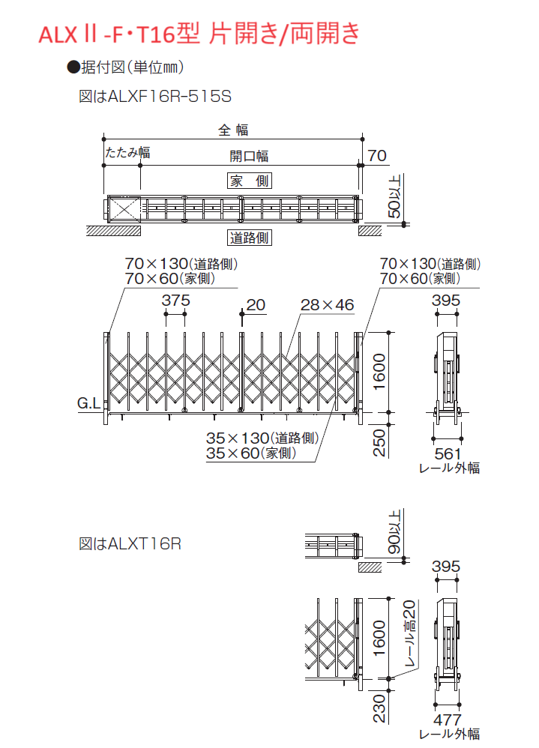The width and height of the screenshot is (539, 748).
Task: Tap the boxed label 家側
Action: (x=250, y=181)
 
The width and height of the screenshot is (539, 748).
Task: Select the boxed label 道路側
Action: (x=250, y=238)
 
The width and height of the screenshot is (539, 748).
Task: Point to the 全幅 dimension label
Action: (x=233, y=130)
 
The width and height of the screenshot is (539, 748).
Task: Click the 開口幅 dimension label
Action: (x=249, y=156)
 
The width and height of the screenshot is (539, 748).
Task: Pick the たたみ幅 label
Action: (x=127, y=153)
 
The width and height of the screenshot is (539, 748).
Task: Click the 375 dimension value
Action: (x=175, y=301)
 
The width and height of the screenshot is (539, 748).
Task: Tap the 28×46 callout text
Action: (x=327, y=305)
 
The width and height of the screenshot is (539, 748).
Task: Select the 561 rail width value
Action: (x=448, y=453)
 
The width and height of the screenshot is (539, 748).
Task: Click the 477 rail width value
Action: (x=448, y=720)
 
